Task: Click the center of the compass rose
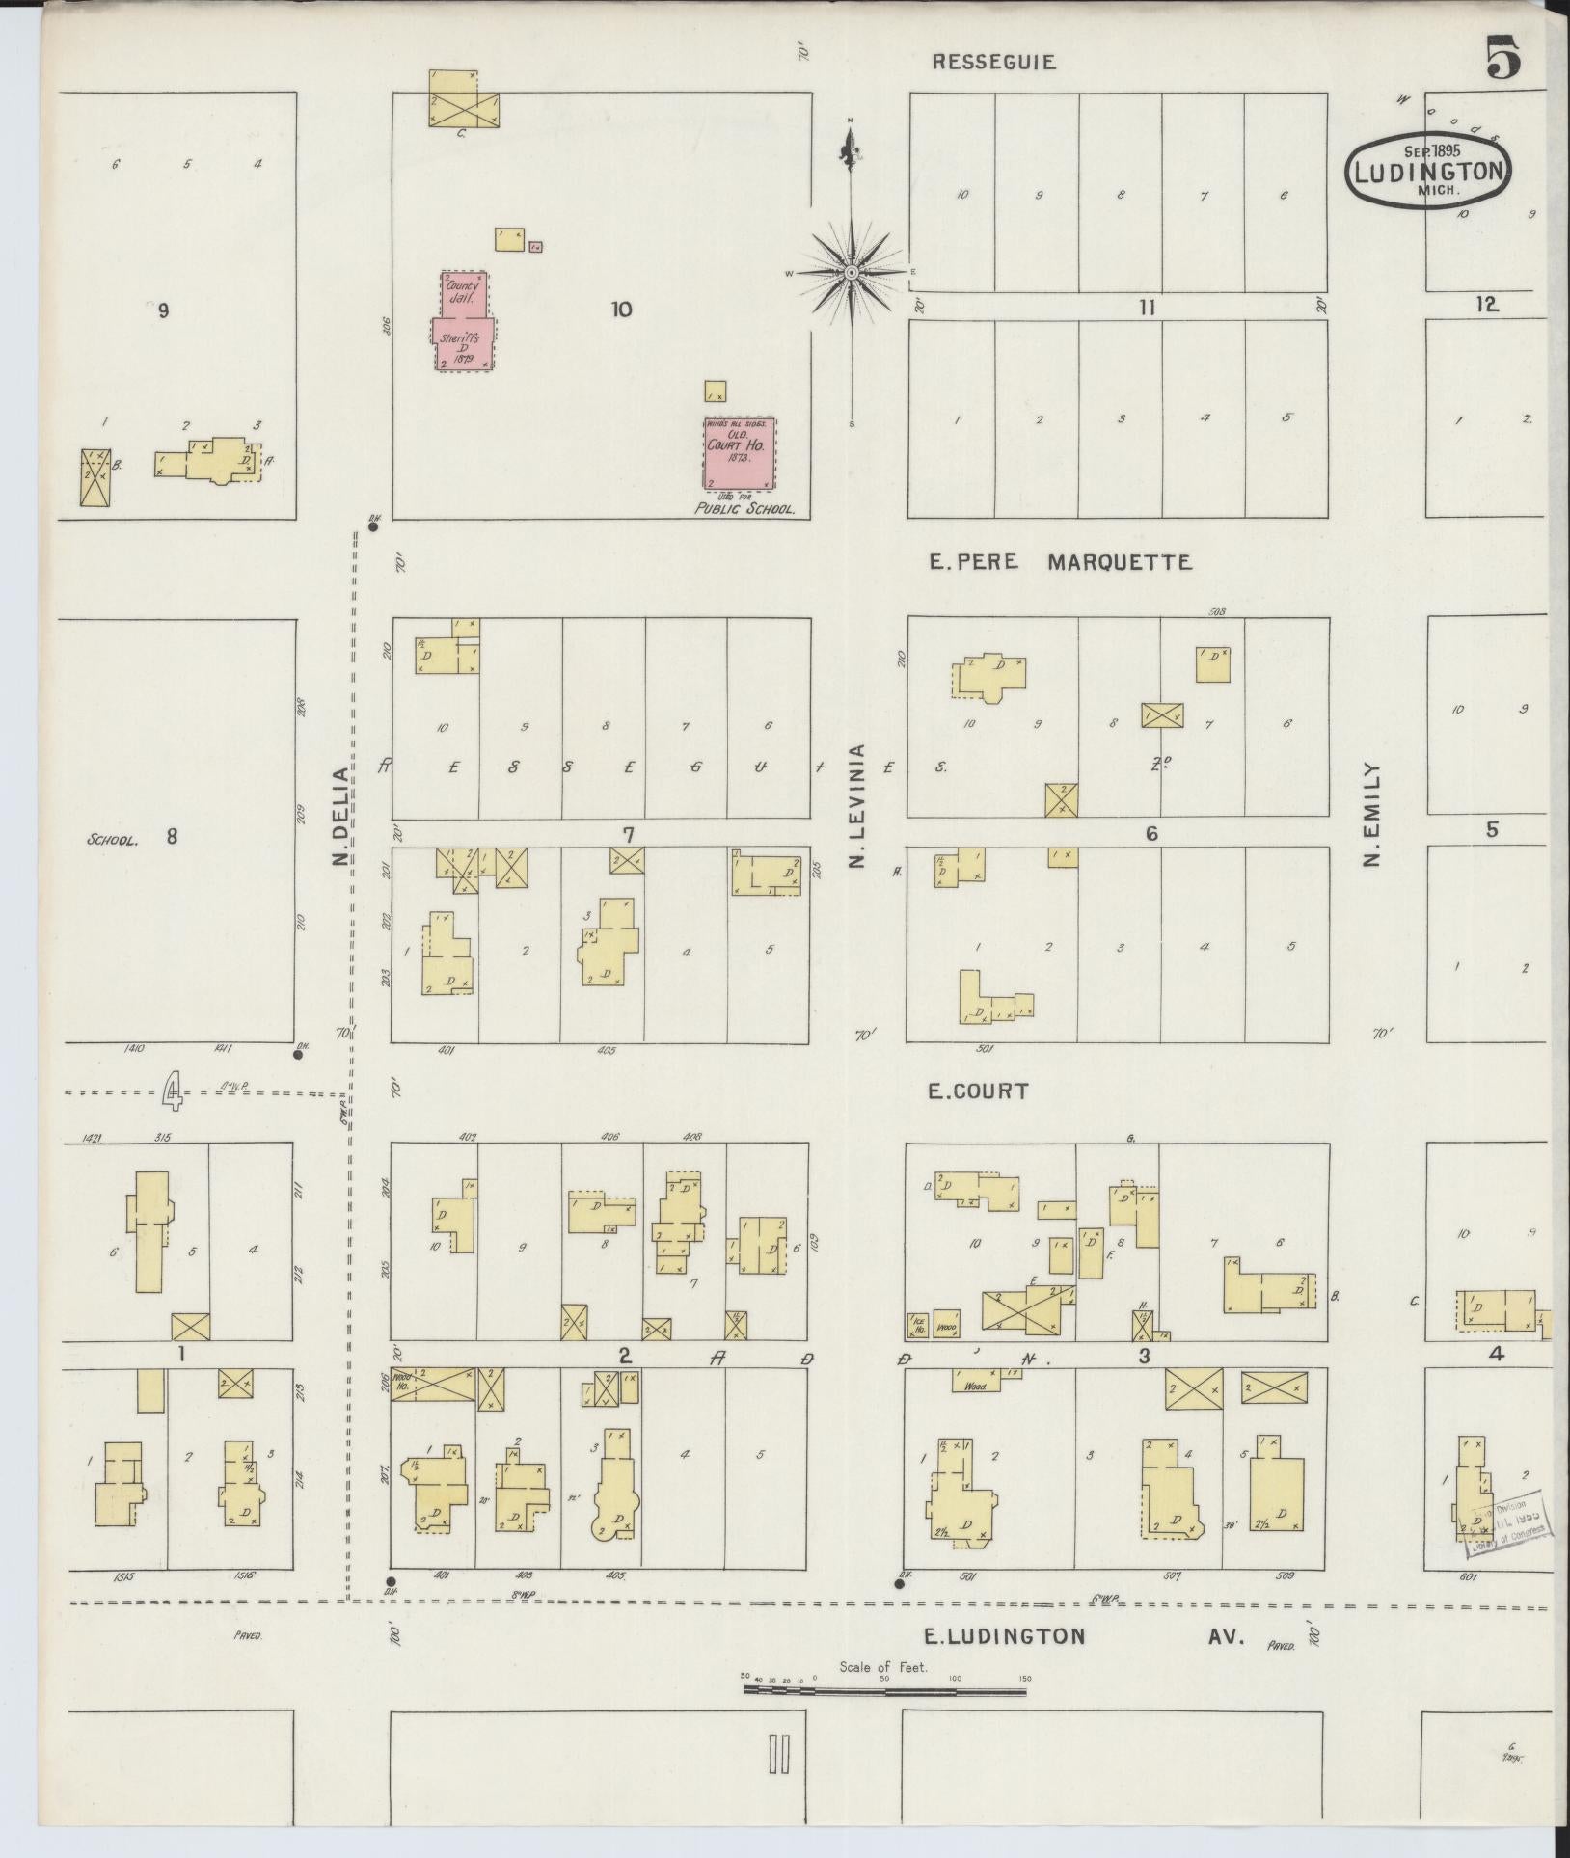(852, 273)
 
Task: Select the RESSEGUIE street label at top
(993, 63)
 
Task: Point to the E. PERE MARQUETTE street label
(1060, 562)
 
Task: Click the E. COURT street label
(978, 1091)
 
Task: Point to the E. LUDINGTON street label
(1005, 1636)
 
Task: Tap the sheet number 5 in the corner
(1503, 59)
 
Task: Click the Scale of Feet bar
(883, 1690)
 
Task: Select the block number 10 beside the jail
(622, 310)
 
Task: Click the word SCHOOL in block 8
(113, 839)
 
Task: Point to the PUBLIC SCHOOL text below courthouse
(744, 510)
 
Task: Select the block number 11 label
(1146, 309)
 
